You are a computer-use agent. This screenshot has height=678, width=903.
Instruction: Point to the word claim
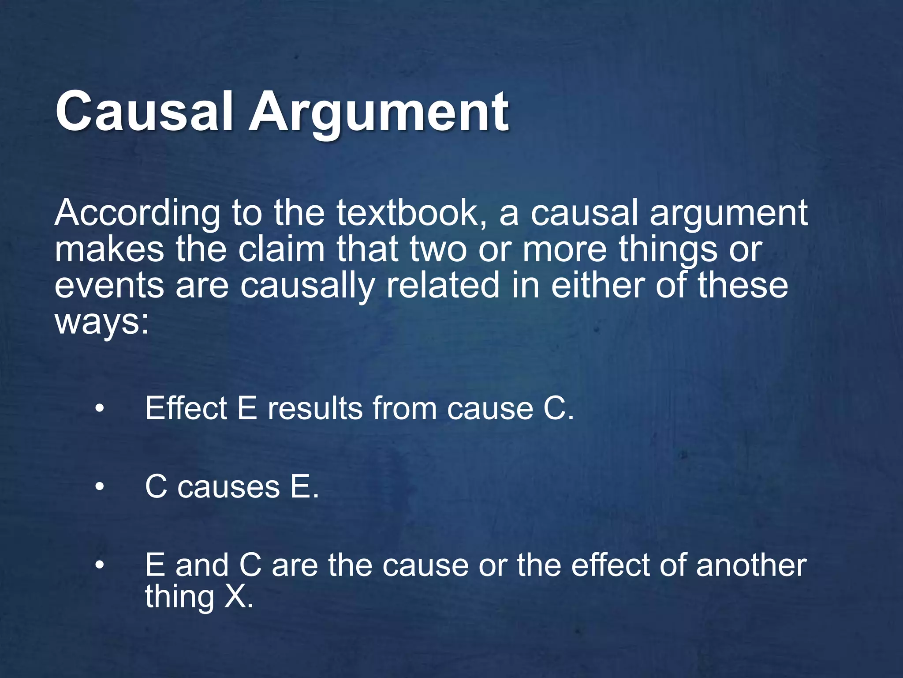tap(281, 249)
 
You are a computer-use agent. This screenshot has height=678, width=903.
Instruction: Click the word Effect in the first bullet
tap(186, 408)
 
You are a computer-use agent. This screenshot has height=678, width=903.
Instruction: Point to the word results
tap(315, 408)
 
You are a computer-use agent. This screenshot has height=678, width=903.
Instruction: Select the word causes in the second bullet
tap(228, 488)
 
